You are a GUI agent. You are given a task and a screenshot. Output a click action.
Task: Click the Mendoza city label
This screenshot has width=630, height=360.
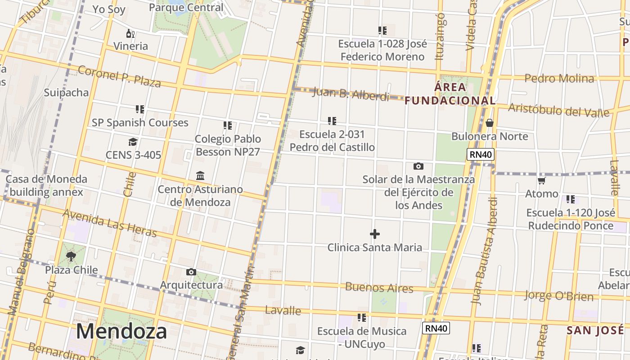click(x=121, y=332)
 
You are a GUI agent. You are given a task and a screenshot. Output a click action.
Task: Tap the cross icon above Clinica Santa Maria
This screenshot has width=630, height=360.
click(x=374, y=234)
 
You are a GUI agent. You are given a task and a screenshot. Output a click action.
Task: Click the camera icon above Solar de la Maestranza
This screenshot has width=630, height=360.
click(x=418, y=166)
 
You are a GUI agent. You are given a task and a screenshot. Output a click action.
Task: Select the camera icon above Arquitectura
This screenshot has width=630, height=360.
click(x=191, y=272)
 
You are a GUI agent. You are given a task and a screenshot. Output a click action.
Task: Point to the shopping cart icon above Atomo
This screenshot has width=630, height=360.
click(x=542, y=181)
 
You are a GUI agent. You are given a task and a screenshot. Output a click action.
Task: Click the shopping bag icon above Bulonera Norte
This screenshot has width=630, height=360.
click(x=490, y=123)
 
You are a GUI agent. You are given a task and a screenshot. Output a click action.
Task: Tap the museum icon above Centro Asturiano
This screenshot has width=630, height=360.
click(x=200, y=175)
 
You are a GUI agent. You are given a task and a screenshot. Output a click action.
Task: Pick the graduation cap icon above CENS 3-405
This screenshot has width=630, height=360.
click(x=133, y=142)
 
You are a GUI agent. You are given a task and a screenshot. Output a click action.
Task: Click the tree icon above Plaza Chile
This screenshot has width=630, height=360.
click(x=71, y=256)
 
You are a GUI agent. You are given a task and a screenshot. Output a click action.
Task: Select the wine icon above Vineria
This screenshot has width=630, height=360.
click(x=130, y=33)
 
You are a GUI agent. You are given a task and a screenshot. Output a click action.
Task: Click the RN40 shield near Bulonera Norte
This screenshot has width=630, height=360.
click(x=481, y=155)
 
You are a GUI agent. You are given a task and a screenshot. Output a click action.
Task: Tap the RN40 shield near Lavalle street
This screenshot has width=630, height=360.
click(x=436, y=328)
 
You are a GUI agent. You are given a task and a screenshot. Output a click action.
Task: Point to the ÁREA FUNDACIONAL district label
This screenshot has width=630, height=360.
click(x=450, y=94)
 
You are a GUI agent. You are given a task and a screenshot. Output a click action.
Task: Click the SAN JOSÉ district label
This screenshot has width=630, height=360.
click(x=595, y=331)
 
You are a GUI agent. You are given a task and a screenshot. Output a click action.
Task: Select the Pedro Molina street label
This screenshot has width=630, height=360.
click(x=559, y=78)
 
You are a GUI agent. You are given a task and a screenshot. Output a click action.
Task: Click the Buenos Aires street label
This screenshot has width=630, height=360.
click(x=379, y=288)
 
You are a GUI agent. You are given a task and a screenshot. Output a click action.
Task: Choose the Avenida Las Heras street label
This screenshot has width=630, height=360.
click(x=109, y=223)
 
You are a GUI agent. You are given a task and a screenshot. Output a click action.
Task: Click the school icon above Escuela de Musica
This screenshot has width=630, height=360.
click(x=362, y=318)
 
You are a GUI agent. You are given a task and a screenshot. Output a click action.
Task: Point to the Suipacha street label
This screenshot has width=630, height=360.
click(x=66, y=93)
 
